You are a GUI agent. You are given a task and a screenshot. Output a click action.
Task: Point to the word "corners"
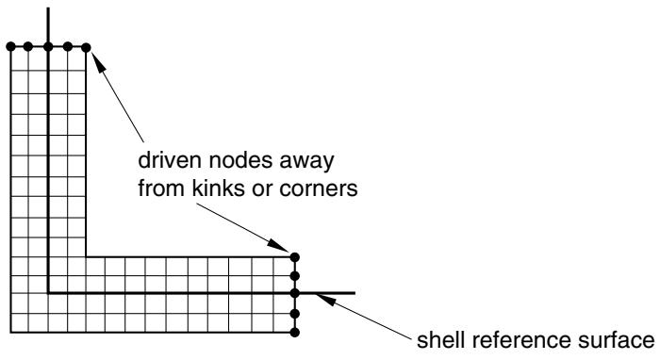pyautogui.click(x=319, y=188)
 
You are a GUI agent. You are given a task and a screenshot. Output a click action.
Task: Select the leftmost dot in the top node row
pyautogui.click(x=11, y=47)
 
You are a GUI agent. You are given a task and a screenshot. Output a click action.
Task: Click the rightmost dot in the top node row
pyautogui.click(x=86, y=47)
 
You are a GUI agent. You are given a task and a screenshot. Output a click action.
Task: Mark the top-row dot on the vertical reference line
pyautogui.click(x=48, y=47)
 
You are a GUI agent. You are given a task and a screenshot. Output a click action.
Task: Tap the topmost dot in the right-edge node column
pyautogui.click(x=294, y=257)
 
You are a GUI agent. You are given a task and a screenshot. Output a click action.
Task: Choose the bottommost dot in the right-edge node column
pyautogui.click(x=294, y=333)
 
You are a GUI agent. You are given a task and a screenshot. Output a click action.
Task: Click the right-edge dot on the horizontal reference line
pyautogui.click(x=294, y=293)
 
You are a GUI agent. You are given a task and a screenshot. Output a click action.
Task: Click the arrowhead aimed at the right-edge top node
pyautogui.click(x=278, y=246)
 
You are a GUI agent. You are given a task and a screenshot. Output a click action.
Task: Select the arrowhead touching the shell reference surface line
pyautogui.click(x=326, y=299)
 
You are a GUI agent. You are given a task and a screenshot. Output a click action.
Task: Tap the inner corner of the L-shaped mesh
pyautogui.click(x=86, y=256)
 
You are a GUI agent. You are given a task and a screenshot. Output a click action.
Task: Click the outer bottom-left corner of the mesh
pyautogui.click(x=11, y=333)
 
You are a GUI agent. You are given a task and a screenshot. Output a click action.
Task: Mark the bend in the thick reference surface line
pyautogui.click(x=48, y=293)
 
